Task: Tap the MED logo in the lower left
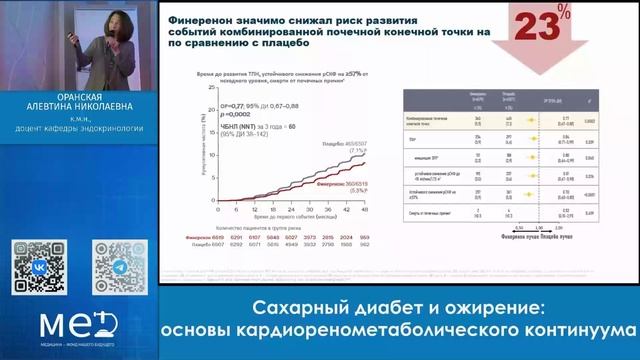point(69,326)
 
